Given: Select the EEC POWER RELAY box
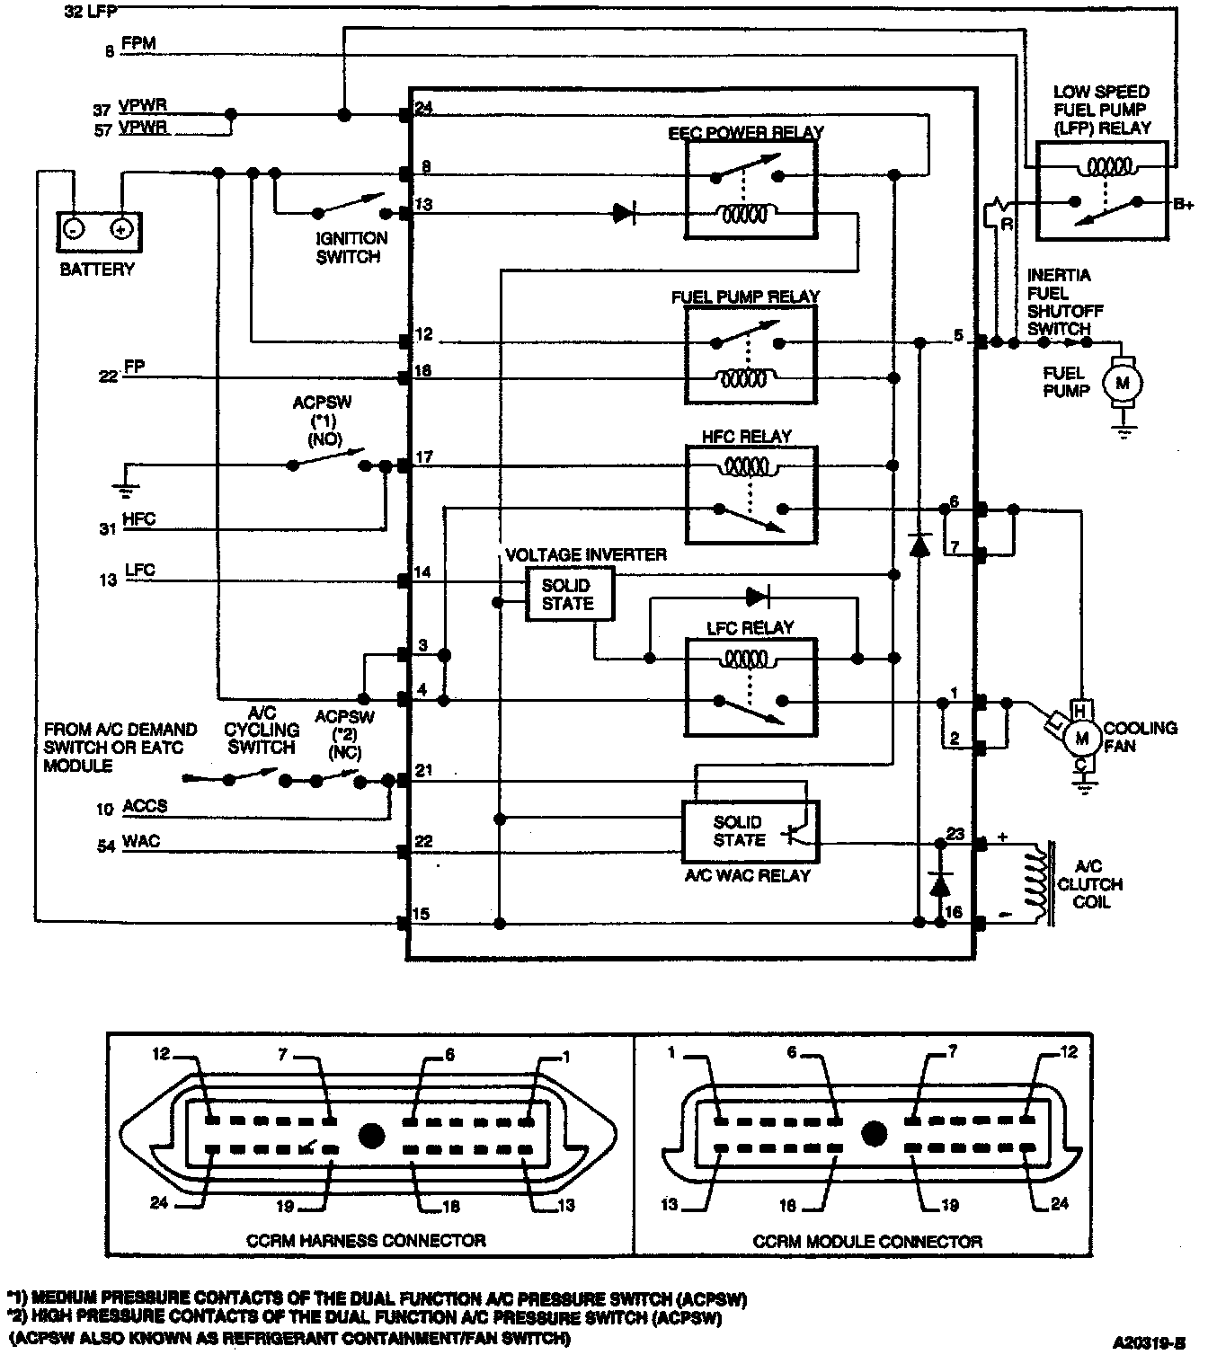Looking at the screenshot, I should click(x=751, y=190).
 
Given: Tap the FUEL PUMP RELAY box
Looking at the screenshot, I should click(x=751, y=354).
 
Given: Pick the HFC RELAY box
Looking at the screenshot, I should click(x=751, y=494).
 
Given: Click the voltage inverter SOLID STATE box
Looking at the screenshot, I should click(x=570, y=594).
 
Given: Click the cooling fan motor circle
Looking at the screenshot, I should click(x=1082, y=739).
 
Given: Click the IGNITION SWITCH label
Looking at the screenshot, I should click(x=351, y=247).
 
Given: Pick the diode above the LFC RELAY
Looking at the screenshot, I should click(x=757, y=597).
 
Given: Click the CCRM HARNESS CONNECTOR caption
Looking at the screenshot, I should click(x=366, y=1241).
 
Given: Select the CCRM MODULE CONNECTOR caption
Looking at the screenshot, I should click(x=867, y=1242).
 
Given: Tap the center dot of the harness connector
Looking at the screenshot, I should click(x=371, y=1135).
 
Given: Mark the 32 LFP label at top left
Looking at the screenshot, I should click(x=90, y=12).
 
